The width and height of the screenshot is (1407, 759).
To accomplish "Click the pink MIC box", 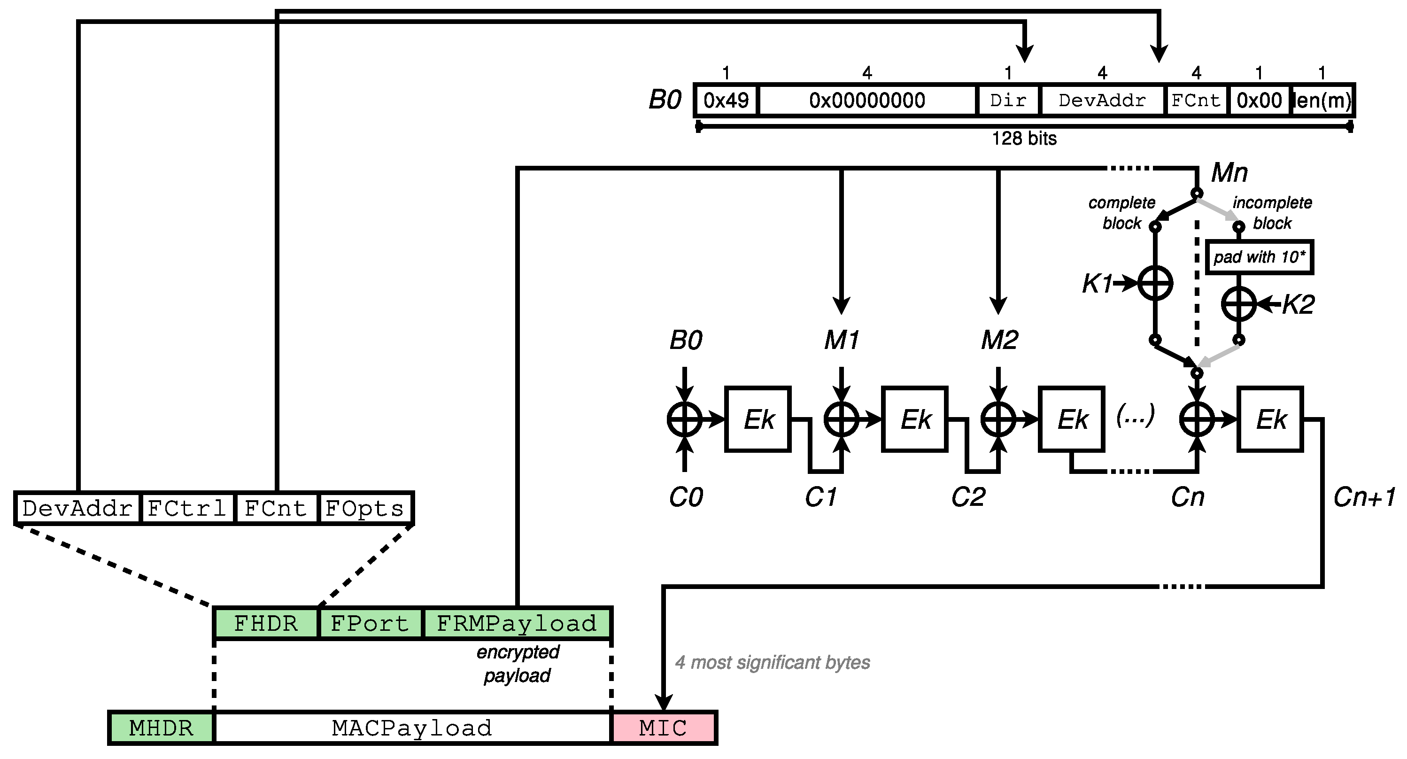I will click(664, 728).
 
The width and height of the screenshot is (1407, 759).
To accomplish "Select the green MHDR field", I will click(161, 728).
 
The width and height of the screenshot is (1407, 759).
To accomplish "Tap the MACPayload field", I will click(412, 728).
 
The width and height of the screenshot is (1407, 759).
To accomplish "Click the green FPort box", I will click(370, 623).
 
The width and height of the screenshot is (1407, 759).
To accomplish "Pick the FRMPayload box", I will click(517, 623).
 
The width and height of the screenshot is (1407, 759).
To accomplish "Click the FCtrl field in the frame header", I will click(187, 508).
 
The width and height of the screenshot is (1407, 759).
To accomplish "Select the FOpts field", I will click(364, 508).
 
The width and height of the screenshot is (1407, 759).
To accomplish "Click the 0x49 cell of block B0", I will click(726, 100).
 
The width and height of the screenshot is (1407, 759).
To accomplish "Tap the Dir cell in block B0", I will click(1008, 100).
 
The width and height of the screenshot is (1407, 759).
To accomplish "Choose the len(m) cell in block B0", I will click(1323, 100).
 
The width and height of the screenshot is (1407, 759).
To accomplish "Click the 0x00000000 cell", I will click(867, 100).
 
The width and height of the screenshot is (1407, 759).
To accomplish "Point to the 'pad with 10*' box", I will click(1259, 257).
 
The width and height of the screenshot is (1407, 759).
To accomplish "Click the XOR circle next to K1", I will click(1155, 283).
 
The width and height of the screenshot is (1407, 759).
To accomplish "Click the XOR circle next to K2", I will click(1239, 303).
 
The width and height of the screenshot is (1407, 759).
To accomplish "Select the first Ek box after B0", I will click(758, 419).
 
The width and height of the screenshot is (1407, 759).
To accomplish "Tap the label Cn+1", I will click(1364, 497).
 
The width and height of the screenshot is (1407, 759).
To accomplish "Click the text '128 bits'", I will click(1024, 138).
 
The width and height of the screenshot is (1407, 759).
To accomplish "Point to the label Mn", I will click(1229, 173).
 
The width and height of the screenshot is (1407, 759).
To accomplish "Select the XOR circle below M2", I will click(998, 419).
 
